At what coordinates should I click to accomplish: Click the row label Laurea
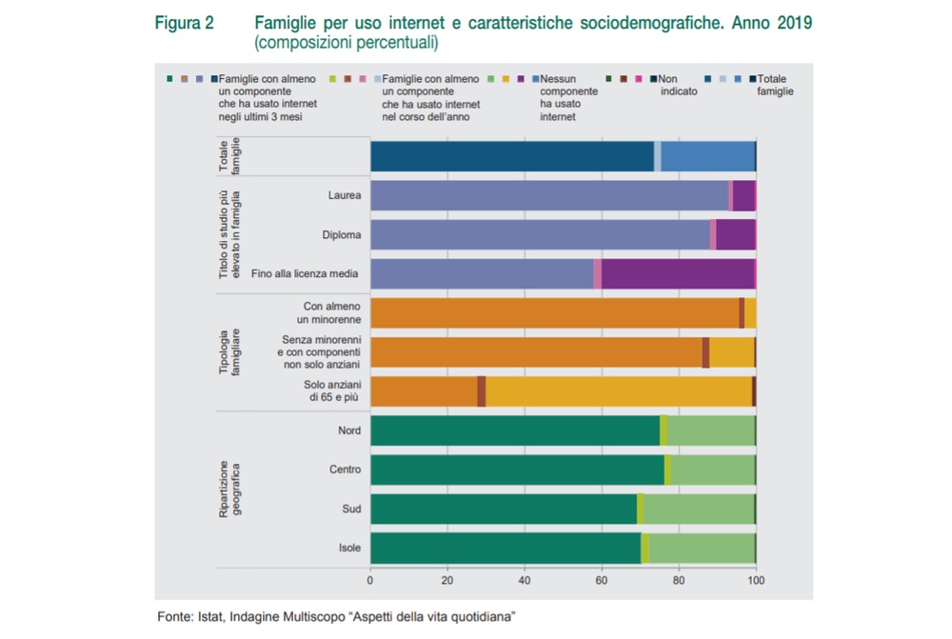[x=343, y=195]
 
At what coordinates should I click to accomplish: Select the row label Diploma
[x=341, y=234]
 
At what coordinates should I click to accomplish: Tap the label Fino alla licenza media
[x=305, y=274]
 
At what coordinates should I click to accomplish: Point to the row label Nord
[x=349, y=430]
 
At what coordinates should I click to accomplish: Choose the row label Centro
[x=345, y=469]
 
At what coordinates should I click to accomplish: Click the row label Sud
[x=351, y=509]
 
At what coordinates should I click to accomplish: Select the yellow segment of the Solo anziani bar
[x=619, y=391]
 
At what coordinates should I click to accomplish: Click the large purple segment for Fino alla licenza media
[x=677, y=274]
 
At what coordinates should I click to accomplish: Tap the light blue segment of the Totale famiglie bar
[x=707, y=156]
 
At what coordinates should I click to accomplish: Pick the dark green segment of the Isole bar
[x=505, y=549]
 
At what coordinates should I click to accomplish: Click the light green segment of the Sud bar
[x=699, y=509]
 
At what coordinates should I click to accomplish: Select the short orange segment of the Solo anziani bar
[x=424, y=391]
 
